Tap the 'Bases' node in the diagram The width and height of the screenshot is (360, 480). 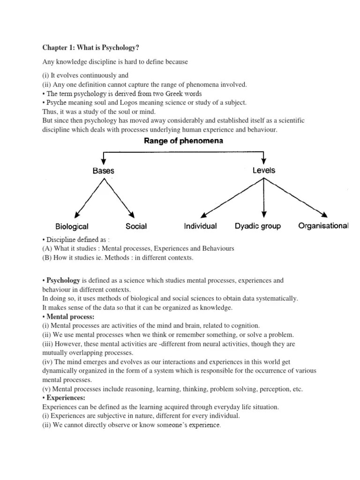pos(104,171)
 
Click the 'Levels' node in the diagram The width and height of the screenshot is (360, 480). pos(264,170)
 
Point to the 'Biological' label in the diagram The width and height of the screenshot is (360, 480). pos(72,226)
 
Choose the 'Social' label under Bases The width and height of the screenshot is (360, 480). pos(136,226)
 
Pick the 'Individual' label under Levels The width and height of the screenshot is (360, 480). pos(200,226)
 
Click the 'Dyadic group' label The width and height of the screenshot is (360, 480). pos(257,226)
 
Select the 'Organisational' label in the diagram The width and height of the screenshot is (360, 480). pos(323,225)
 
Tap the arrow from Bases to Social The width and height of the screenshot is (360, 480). pos(119,197)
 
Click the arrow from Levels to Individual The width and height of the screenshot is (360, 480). pos(230,197)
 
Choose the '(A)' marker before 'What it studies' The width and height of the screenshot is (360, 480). pos(47,248)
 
